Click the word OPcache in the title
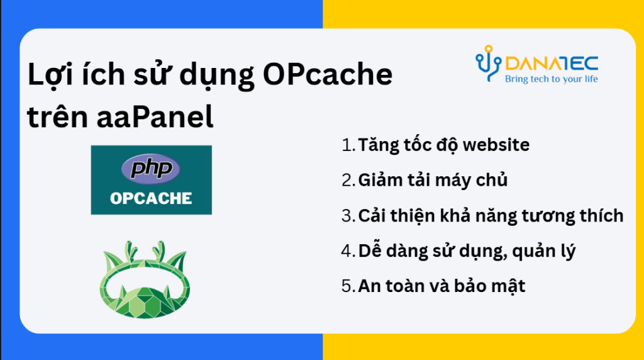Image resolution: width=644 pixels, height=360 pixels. coord(327,74)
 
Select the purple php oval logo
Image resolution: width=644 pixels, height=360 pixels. coord(151,169)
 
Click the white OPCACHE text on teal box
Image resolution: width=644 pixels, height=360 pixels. coord(151,198)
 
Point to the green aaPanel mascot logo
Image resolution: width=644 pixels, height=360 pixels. coord(145,279)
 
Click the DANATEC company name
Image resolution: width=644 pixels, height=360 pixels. coord(552,64)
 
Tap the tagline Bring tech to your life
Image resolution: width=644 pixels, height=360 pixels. coord(551,79)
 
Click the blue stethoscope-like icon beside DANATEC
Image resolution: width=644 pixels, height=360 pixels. coord(488,63)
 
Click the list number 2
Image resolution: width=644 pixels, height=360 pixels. coord(347,181)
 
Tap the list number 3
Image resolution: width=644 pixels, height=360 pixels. coord(347,216)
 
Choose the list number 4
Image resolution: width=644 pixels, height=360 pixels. coord(347,251)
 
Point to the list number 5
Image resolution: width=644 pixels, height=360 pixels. coord(347,286)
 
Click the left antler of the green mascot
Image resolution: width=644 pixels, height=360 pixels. coord(130,249)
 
